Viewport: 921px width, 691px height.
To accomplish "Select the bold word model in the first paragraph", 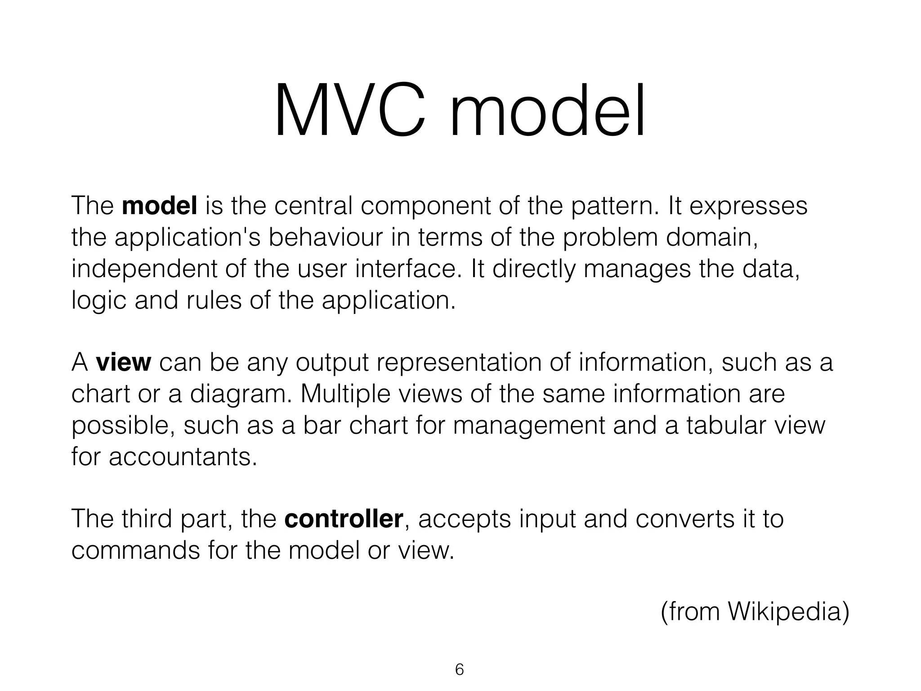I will pyautogui.click(x=159, y=206).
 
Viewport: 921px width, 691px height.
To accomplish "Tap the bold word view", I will pyautogui.click(x=123, y=362).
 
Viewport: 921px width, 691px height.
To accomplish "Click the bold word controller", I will pyautogui.click(x=344, y=519).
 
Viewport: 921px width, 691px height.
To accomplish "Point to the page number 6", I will pyautogui.click(x=459, y=669).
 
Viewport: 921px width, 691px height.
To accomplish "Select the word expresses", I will pyautogui.click(x=748, y=206).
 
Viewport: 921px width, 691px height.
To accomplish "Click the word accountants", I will pyautogui.click(x=183, y=457).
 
